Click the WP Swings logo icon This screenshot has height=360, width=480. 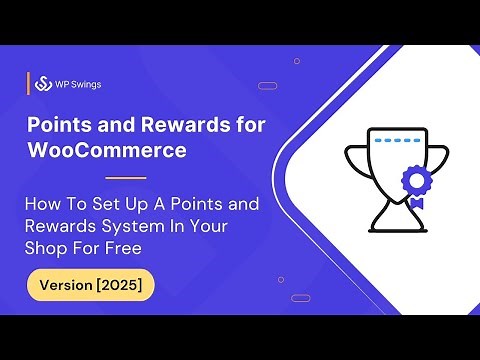pos(44,84)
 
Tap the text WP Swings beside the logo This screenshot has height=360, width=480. pos(78,84)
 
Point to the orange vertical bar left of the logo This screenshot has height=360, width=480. pos(28,84)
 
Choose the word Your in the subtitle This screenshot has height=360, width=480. pos(208,226)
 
